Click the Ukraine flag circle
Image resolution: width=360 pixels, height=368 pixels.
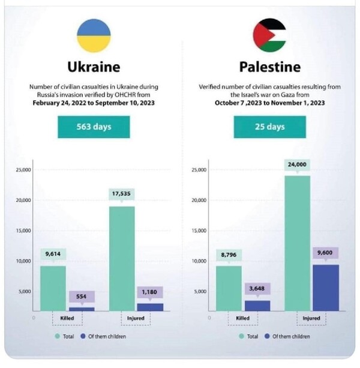[94, 35]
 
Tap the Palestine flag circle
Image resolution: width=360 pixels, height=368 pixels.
[269, 35]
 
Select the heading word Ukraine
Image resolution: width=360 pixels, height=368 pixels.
[94, 66]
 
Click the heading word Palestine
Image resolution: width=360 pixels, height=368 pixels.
[269, 66]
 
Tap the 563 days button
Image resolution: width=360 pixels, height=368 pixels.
[94, 127]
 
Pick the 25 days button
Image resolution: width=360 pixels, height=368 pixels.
[269, 127]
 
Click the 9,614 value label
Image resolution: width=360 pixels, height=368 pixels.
[53, 254]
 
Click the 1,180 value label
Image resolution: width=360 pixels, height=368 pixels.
[150, 292]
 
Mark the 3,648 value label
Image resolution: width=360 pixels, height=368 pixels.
[258, 289]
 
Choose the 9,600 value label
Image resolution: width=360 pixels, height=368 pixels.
[325, 253]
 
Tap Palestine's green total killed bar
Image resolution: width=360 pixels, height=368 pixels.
[230, 288]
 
